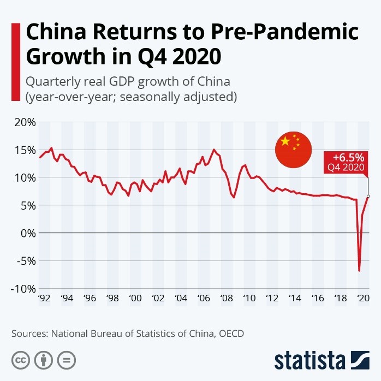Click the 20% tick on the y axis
(x=25, y=122)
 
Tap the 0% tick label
(x=27, y=233)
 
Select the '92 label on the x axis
(x=45, y=299)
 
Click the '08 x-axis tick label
(x=227, y=299)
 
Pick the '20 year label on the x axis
(x=362, y=299)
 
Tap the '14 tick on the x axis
(x=295, y=299)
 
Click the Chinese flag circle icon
(x=293, y=150)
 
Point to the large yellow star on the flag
(x=285, y=142)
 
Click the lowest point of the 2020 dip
(x=359, y=270)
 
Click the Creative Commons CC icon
(x=21, y=360)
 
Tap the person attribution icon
(x=43, y=360)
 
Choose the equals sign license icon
(x=66, y=360)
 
